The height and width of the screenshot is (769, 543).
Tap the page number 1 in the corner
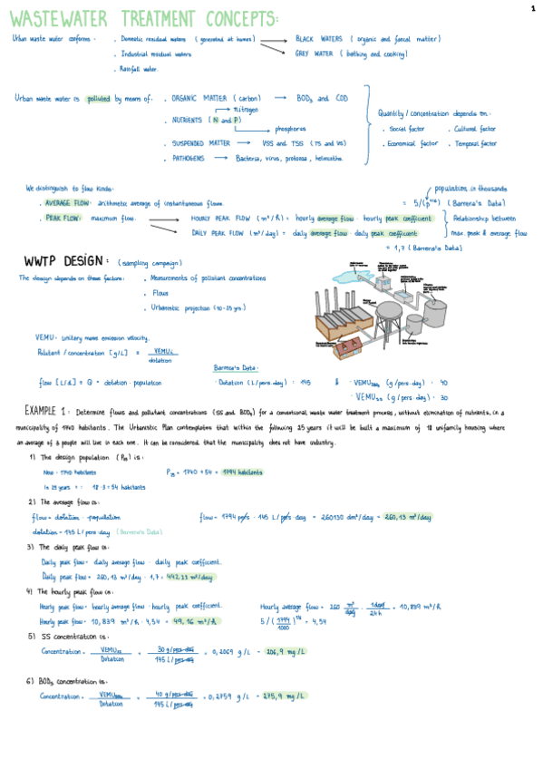coord(533,7)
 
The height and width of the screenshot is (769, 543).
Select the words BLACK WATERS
coord(319,39)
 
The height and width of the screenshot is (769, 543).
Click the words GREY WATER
coord(315,54)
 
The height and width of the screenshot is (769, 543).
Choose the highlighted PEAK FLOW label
coord(61,219)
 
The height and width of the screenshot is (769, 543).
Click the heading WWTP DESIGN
coord(68,262)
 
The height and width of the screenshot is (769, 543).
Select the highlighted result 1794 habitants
coord(242,472)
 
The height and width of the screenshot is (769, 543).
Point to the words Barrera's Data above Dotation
coord(237,368)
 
